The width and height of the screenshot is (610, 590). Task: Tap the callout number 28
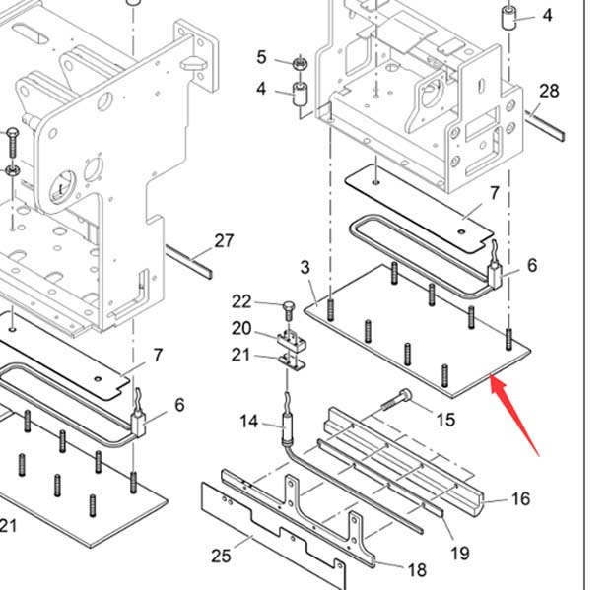point(549,91)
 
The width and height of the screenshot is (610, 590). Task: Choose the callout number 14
point(248,422)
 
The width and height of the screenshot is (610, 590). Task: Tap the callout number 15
point(445,420)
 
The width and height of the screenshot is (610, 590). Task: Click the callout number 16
point(521,498)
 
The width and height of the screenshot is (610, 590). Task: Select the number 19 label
point(460,553)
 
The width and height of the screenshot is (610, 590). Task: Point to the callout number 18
point(418,570)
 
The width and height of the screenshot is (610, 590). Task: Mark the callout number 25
point(221,556)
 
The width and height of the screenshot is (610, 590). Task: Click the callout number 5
point(262,57)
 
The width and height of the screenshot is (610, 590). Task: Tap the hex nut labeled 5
point(301,62)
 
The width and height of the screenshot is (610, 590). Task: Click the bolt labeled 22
point(289,311)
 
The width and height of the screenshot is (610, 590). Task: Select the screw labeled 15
point(396,400)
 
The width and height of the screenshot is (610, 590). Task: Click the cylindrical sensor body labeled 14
point(287,429)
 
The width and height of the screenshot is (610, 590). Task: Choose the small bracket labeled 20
point(292,341)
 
